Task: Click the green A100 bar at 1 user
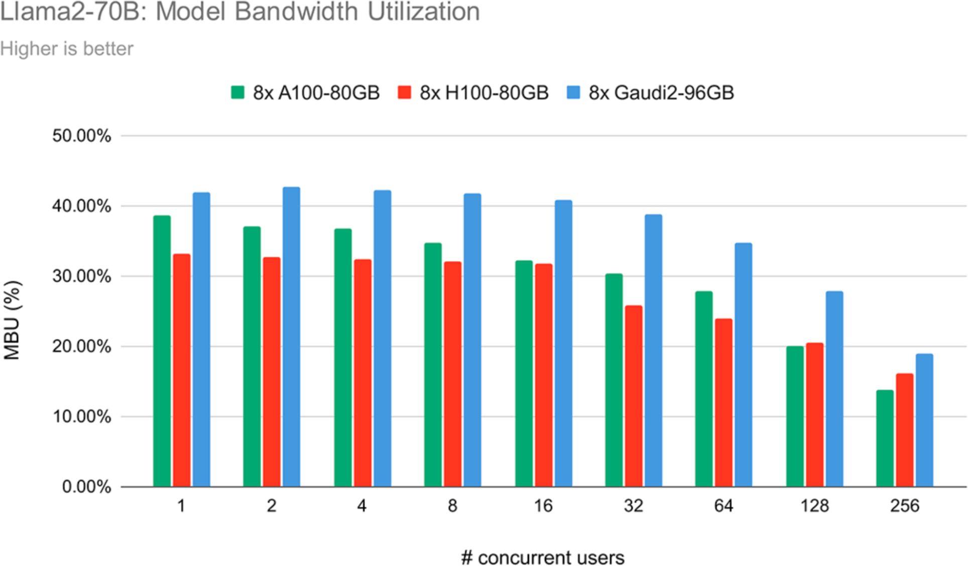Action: [162, 351]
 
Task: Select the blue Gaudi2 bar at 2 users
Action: [291, 337]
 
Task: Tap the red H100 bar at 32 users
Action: [634, 396]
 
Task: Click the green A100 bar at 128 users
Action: [795, 416]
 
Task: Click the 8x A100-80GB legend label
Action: [316, 93]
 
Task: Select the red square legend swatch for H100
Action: [404, 92]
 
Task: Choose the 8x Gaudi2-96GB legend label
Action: [661, 93]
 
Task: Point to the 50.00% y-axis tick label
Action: [82, 136]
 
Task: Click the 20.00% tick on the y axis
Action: [82, 346]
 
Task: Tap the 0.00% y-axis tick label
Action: [86, 487]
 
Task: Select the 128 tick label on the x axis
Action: [814, 506]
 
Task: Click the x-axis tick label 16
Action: [543, 506]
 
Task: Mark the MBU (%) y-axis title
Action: [12, 320]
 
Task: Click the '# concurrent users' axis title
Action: [542, 557]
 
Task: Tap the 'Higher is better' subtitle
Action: [67, 49]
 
